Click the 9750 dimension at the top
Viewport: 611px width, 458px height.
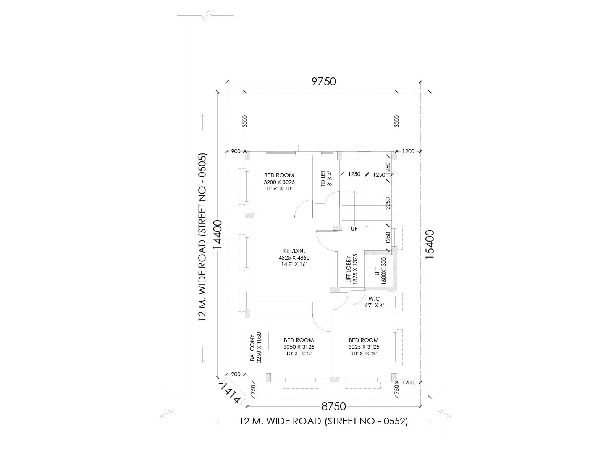point(323,82)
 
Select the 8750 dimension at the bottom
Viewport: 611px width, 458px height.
point(333,406)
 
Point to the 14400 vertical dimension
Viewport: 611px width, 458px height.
point(217,234)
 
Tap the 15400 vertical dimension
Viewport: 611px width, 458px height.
point(430,244)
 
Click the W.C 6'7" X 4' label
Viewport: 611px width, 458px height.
point(374,302)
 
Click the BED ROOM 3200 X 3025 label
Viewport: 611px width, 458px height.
point(279,182)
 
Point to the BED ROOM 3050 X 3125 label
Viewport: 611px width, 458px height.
point(299,347)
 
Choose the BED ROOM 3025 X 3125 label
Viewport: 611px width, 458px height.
point(364,347)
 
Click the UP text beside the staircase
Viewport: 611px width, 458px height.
point(354,229)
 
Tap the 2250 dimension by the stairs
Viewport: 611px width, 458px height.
point(388,203)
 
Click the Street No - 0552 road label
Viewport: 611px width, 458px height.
point(323,421)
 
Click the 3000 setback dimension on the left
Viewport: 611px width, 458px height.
point(245,121)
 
